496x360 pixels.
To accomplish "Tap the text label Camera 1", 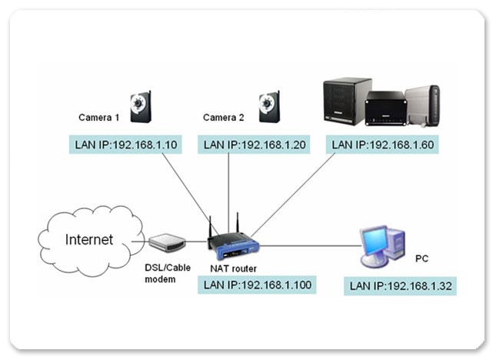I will [99, 118].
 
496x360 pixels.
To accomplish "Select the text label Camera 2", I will [224, 118].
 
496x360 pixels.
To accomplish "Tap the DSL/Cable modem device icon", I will [167, 243].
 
